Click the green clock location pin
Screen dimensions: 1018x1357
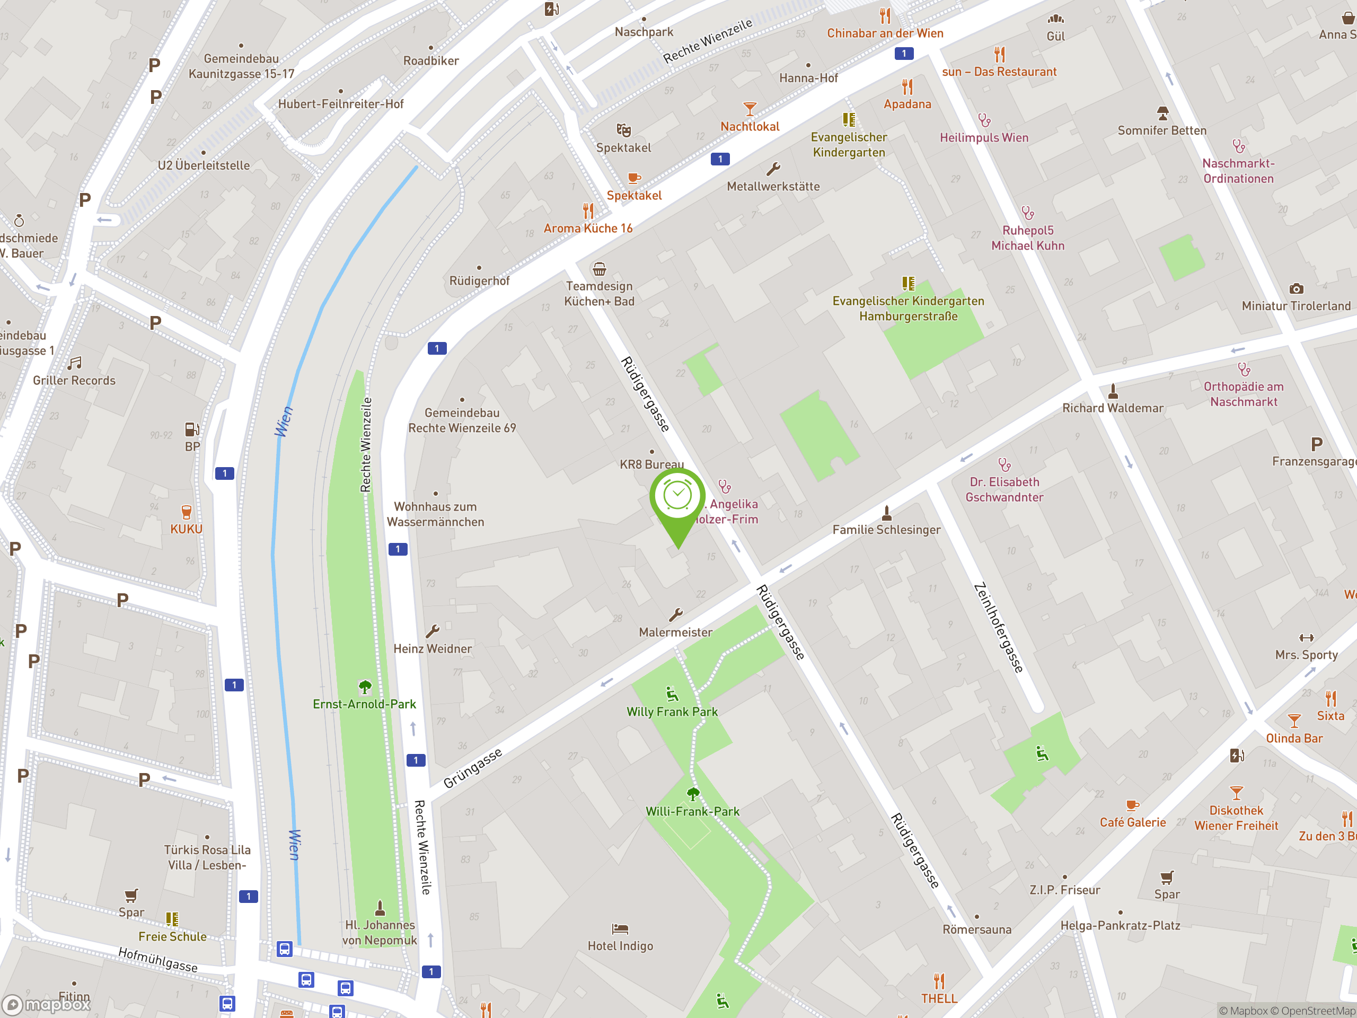[677, 496]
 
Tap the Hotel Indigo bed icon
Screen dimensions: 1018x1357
[620, 928]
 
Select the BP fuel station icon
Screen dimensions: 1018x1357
[192, 429]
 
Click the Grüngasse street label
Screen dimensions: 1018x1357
[472, 768]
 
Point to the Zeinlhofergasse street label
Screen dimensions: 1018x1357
[999, 627]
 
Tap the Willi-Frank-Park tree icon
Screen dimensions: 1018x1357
[693, 795]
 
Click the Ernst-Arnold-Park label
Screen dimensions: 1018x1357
[364, 704]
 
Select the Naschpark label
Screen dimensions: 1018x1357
[644, 32]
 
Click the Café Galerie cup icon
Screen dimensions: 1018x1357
[1132, 805]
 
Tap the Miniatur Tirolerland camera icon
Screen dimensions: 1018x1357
[1296, 288]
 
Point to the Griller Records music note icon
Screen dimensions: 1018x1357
[74, 363]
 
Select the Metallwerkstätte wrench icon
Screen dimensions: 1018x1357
[773, 169]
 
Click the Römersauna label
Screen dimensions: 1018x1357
[976, 929]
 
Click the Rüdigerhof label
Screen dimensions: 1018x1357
[479, 280]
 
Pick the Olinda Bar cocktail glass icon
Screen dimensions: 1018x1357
[1294, 720]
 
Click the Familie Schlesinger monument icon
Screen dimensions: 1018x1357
[886, 512]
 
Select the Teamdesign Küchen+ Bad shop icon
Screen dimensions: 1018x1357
[599, 269]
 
